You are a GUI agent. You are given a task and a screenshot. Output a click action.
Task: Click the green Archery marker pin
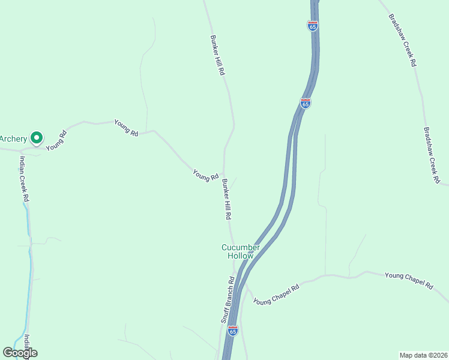pos(36,139)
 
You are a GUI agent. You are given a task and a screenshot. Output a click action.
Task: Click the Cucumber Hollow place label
pos(240,251)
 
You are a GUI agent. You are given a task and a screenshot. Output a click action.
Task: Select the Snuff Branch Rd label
pos(226,300)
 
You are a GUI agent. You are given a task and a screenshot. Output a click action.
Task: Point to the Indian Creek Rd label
pos(24,178)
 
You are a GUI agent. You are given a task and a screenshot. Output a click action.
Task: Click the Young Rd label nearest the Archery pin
pos(55,140)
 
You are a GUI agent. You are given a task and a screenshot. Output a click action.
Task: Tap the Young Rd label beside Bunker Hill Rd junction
pos(205,176)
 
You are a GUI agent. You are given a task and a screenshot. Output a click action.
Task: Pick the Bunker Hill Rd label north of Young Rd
pos(217,54)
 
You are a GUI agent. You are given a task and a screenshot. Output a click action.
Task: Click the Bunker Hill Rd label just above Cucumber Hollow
pos(226,199)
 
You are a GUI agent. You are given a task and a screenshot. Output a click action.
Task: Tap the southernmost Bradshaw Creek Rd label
pos(432,154)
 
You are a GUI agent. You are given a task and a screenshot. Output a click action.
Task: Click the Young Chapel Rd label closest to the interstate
pos(276,293)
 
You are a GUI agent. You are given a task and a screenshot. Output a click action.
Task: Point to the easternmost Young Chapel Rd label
pos(409,281)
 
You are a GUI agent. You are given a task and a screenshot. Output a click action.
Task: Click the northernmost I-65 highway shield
pos(312,26)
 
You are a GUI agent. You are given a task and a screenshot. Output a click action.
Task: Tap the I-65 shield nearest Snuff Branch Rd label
pos(233,330)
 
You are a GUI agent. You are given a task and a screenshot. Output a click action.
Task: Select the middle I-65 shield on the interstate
pos(306,103)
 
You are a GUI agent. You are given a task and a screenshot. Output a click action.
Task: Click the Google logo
pos(20,353)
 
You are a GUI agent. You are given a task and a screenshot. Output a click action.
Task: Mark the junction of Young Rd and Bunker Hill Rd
pos(224,175)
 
